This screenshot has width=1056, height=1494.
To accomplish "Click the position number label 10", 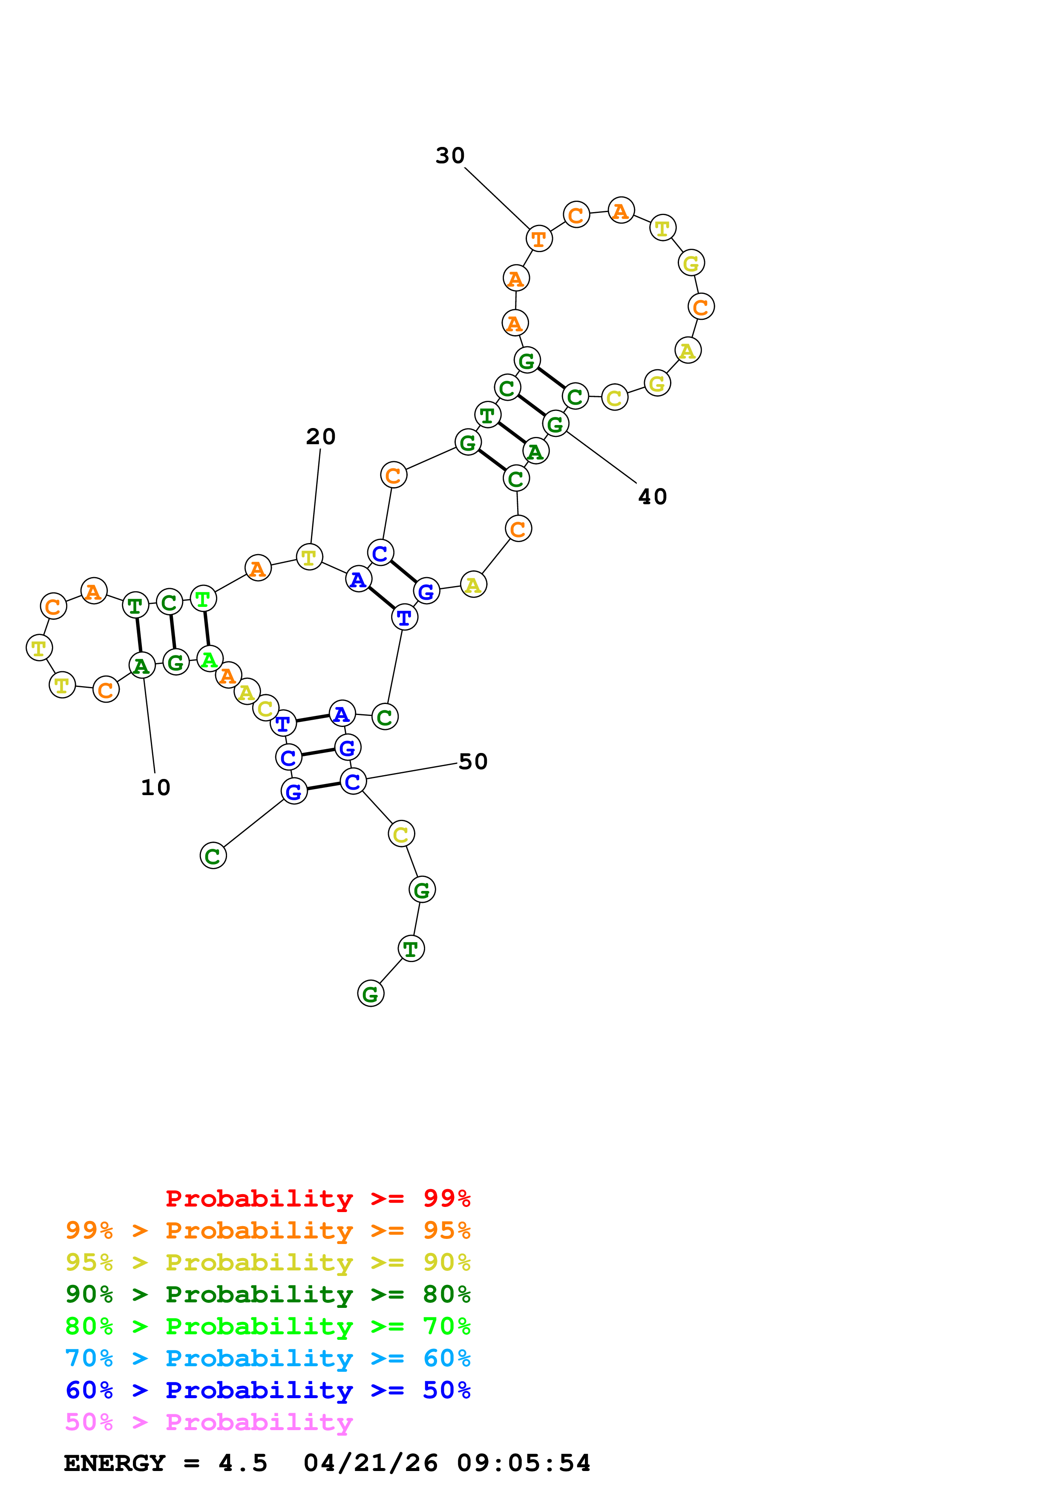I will click(155, 787).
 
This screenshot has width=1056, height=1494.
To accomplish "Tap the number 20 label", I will click(321, 437).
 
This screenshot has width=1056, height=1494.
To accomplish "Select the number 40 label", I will click(653, 497).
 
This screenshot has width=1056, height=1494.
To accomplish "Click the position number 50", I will click(473, 761).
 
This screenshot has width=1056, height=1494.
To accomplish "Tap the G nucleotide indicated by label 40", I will click(555, 424).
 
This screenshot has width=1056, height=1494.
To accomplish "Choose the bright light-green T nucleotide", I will click(203, 599).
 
